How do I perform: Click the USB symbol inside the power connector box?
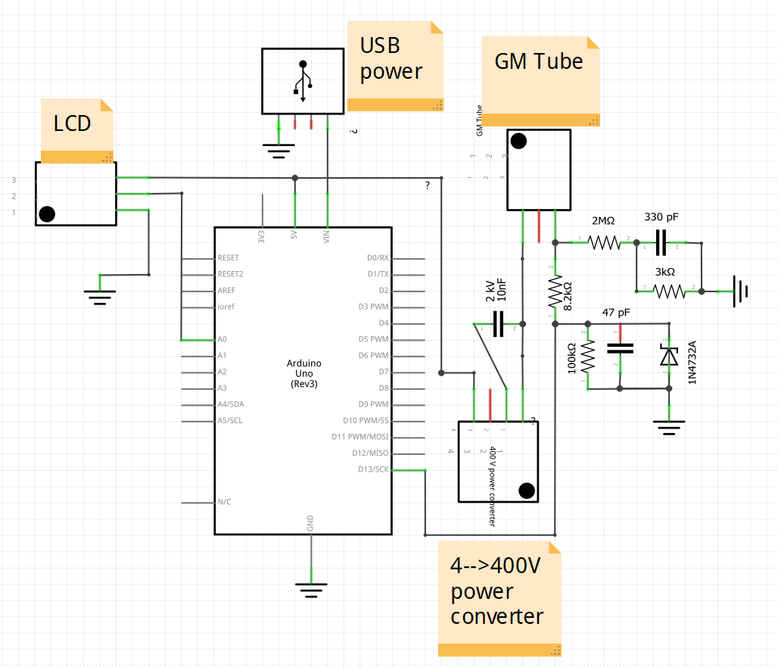(303, 80)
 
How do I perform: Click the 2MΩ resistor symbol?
(603, 242)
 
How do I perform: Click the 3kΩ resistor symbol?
(668, 290)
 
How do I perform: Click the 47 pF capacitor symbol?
(620, 348)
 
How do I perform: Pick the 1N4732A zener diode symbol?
(668, 355)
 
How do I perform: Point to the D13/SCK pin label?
(373, 469)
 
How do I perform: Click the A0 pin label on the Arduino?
(222, 339)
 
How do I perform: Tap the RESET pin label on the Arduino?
(228, 258)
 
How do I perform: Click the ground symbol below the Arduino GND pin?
(310, 588)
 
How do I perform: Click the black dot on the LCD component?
(47, 214)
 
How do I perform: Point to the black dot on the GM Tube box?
(518, 141)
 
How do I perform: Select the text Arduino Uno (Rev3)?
(303, 373)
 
